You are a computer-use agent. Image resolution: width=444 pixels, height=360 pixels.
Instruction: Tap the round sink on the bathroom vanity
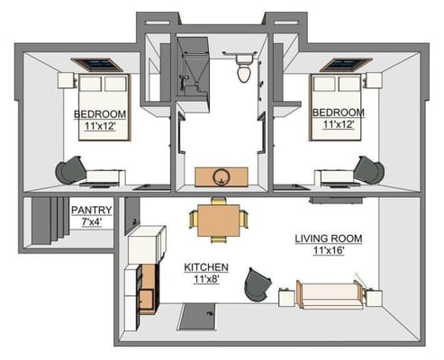pos(222,174)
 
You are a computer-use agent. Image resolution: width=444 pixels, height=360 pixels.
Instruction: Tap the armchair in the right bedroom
pos(368,169)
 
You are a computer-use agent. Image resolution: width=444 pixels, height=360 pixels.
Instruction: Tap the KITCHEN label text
pos(206,268)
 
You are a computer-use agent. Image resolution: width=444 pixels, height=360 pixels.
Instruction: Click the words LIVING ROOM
pos(329,238)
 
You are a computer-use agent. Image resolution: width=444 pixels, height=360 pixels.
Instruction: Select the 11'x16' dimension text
pos(329,251)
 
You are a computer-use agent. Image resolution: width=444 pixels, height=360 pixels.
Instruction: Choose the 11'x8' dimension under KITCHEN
pos(206,280)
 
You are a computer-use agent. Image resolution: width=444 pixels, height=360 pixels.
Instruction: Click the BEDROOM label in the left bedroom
pos(100,114)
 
